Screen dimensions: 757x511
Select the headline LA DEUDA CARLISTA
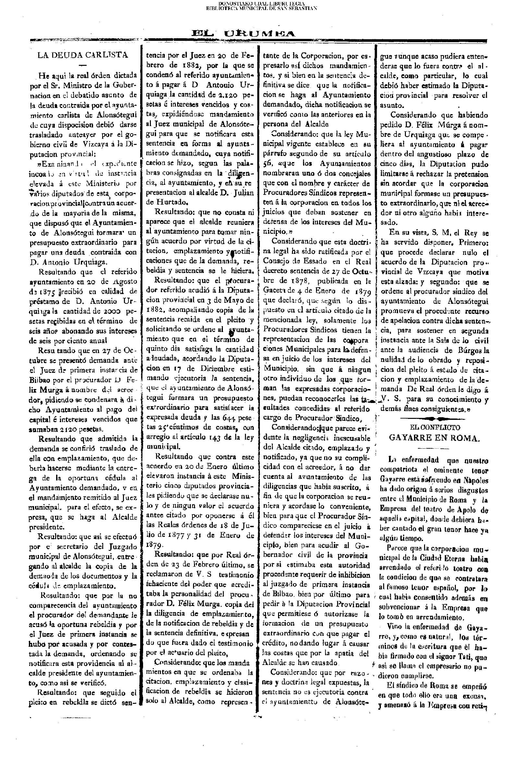83,55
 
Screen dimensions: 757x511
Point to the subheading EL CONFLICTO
434,427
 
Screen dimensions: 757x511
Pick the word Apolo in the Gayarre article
467,510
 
